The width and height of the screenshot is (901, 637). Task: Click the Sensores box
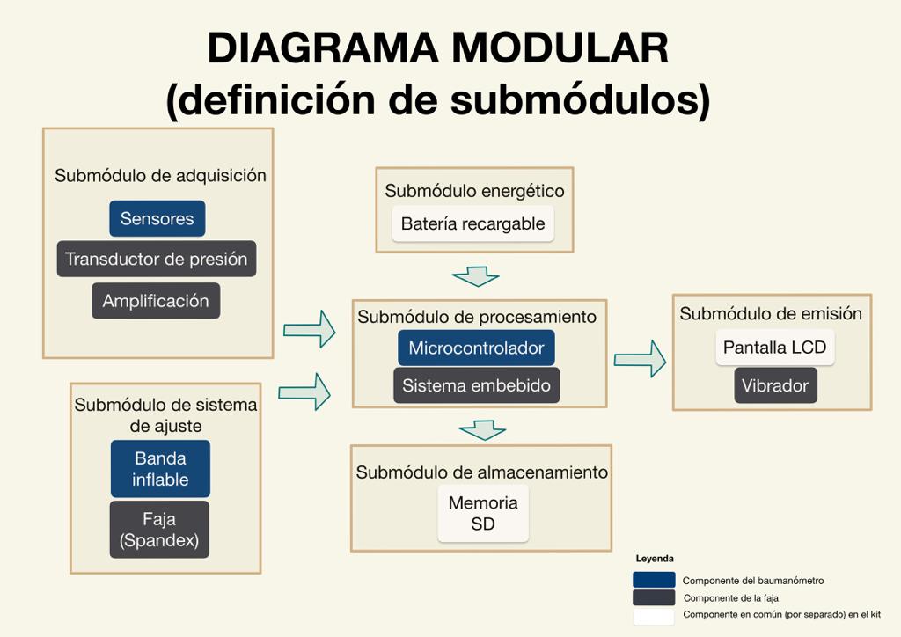[157, 219]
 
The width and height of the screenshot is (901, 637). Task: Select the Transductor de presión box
[157, 260]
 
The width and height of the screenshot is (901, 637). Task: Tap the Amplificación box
[156, 301]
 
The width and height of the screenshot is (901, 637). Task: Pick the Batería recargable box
[473, 224]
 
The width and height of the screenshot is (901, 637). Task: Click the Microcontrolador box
[476, 348]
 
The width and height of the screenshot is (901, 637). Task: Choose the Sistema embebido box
[476, 385]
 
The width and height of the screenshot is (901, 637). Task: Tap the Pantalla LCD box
[774, 348]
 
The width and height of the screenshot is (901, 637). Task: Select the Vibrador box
[775, 385]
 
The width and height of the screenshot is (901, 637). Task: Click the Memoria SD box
[483, 514]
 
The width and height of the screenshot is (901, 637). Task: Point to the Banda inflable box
[160, 469]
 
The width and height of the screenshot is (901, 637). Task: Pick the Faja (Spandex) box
[159, 530]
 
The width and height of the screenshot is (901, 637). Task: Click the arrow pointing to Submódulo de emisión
[640, 359]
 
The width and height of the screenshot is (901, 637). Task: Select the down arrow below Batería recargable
[476, 276]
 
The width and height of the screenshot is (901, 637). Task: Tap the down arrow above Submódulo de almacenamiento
[482, 430]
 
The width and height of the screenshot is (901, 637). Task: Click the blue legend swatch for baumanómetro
[654, 581]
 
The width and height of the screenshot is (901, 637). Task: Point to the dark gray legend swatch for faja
[654, 598]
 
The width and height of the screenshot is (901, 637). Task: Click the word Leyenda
[655, 559]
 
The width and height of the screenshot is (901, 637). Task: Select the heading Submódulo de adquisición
[160, 176]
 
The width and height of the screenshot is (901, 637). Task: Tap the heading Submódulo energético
[474, 191]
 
